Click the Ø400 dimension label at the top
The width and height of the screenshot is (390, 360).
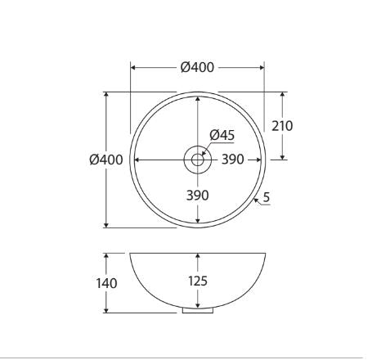197,67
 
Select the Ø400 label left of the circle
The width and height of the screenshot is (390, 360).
106,160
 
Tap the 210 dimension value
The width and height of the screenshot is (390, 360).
282,126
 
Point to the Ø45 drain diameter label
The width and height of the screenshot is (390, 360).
222,135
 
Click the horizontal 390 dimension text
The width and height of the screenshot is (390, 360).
232,160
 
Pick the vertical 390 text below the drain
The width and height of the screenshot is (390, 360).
198,196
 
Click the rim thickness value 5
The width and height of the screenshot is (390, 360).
267,197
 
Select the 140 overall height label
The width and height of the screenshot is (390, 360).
106,283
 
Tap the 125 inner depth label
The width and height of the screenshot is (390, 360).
198,281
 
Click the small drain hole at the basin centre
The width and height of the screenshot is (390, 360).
198,160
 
